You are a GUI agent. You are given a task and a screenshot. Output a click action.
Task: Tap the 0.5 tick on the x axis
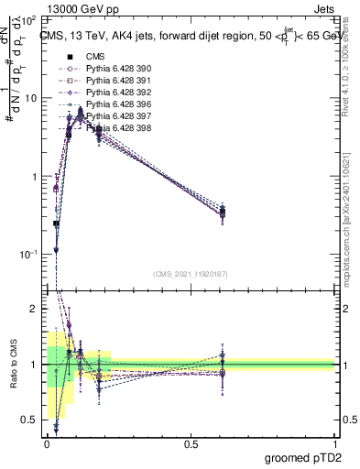coord(191,442)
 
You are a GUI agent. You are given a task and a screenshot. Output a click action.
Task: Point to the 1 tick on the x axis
coord(334,442)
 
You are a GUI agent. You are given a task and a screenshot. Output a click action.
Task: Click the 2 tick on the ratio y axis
coord(33,309)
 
